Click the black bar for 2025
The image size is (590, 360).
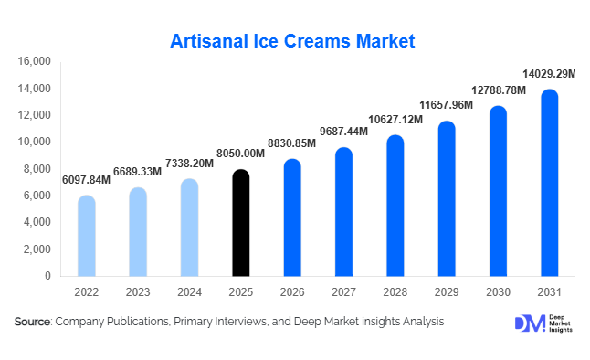coord(240,223)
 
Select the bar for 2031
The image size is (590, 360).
coord(549,183)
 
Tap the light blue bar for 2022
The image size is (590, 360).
coord(86,236)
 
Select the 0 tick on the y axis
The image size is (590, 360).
coord(47,276)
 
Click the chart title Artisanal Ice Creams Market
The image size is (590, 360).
coord(294,41)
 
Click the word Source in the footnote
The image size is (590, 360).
coord(33,322)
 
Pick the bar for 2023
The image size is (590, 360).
coord(137,232)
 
